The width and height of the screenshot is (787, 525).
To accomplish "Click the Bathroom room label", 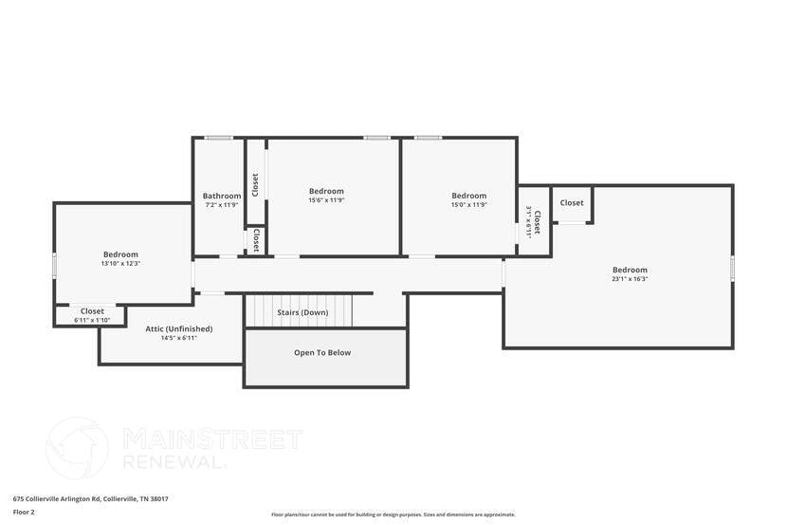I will click(221, 197).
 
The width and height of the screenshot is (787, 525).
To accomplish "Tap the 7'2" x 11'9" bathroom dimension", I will click(221, 205).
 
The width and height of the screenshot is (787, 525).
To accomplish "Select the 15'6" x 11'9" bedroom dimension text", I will click(326, 200).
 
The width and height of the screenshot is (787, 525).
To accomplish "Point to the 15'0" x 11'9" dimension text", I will click(468, 204).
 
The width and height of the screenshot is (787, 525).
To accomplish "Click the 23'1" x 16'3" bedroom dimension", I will click(630, 279).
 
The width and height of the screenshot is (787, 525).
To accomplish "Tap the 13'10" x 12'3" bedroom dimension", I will click(120, 263).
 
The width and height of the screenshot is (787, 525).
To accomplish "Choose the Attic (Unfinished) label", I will click(179, 328).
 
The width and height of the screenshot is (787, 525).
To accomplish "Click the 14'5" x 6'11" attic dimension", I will click(179, 338).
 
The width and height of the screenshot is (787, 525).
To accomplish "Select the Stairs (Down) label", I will click(302, 312).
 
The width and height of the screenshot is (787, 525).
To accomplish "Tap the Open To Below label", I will click(322, 353).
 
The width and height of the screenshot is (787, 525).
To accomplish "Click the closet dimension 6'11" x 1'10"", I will click(92, 320).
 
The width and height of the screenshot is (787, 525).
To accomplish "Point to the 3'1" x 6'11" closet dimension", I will click(529, 221).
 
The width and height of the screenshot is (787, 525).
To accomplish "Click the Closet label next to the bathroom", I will click(254, 181).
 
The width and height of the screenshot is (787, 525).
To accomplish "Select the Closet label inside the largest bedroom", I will click(572, 203).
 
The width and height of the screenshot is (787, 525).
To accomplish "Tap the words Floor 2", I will click(24, 512).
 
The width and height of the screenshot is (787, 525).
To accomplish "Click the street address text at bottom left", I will click(90, 498).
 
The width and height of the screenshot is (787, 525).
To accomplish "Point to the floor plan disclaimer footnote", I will click(393, 514).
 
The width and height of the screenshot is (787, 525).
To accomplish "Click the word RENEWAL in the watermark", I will click(176, 462).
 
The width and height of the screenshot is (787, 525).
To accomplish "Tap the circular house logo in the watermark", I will click(77, 448).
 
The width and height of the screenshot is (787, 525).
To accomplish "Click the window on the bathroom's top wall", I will click(219, 139).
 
